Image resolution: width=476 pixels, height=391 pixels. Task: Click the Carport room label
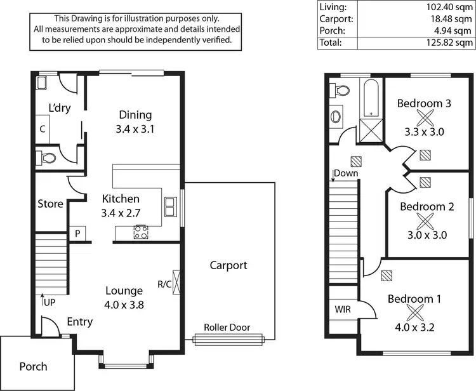coord(228,265)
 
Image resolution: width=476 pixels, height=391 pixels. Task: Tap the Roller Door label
coord(227,328)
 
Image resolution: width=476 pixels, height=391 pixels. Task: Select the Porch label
coord(33,366)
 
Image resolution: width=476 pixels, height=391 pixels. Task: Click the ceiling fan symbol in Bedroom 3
coord(424,117)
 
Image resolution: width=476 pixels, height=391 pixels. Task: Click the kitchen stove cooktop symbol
coord(141,232)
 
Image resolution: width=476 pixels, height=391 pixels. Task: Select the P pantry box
coord(77,234)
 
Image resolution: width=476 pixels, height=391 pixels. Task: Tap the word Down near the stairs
coord(345,173)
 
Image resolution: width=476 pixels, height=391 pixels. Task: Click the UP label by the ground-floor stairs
coord(49,302)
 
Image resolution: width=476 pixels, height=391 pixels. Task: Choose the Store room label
coord(50,204)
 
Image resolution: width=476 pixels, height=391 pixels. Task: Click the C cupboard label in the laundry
coord(43,129)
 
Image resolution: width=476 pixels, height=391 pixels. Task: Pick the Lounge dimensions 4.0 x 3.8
coord(124,304)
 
